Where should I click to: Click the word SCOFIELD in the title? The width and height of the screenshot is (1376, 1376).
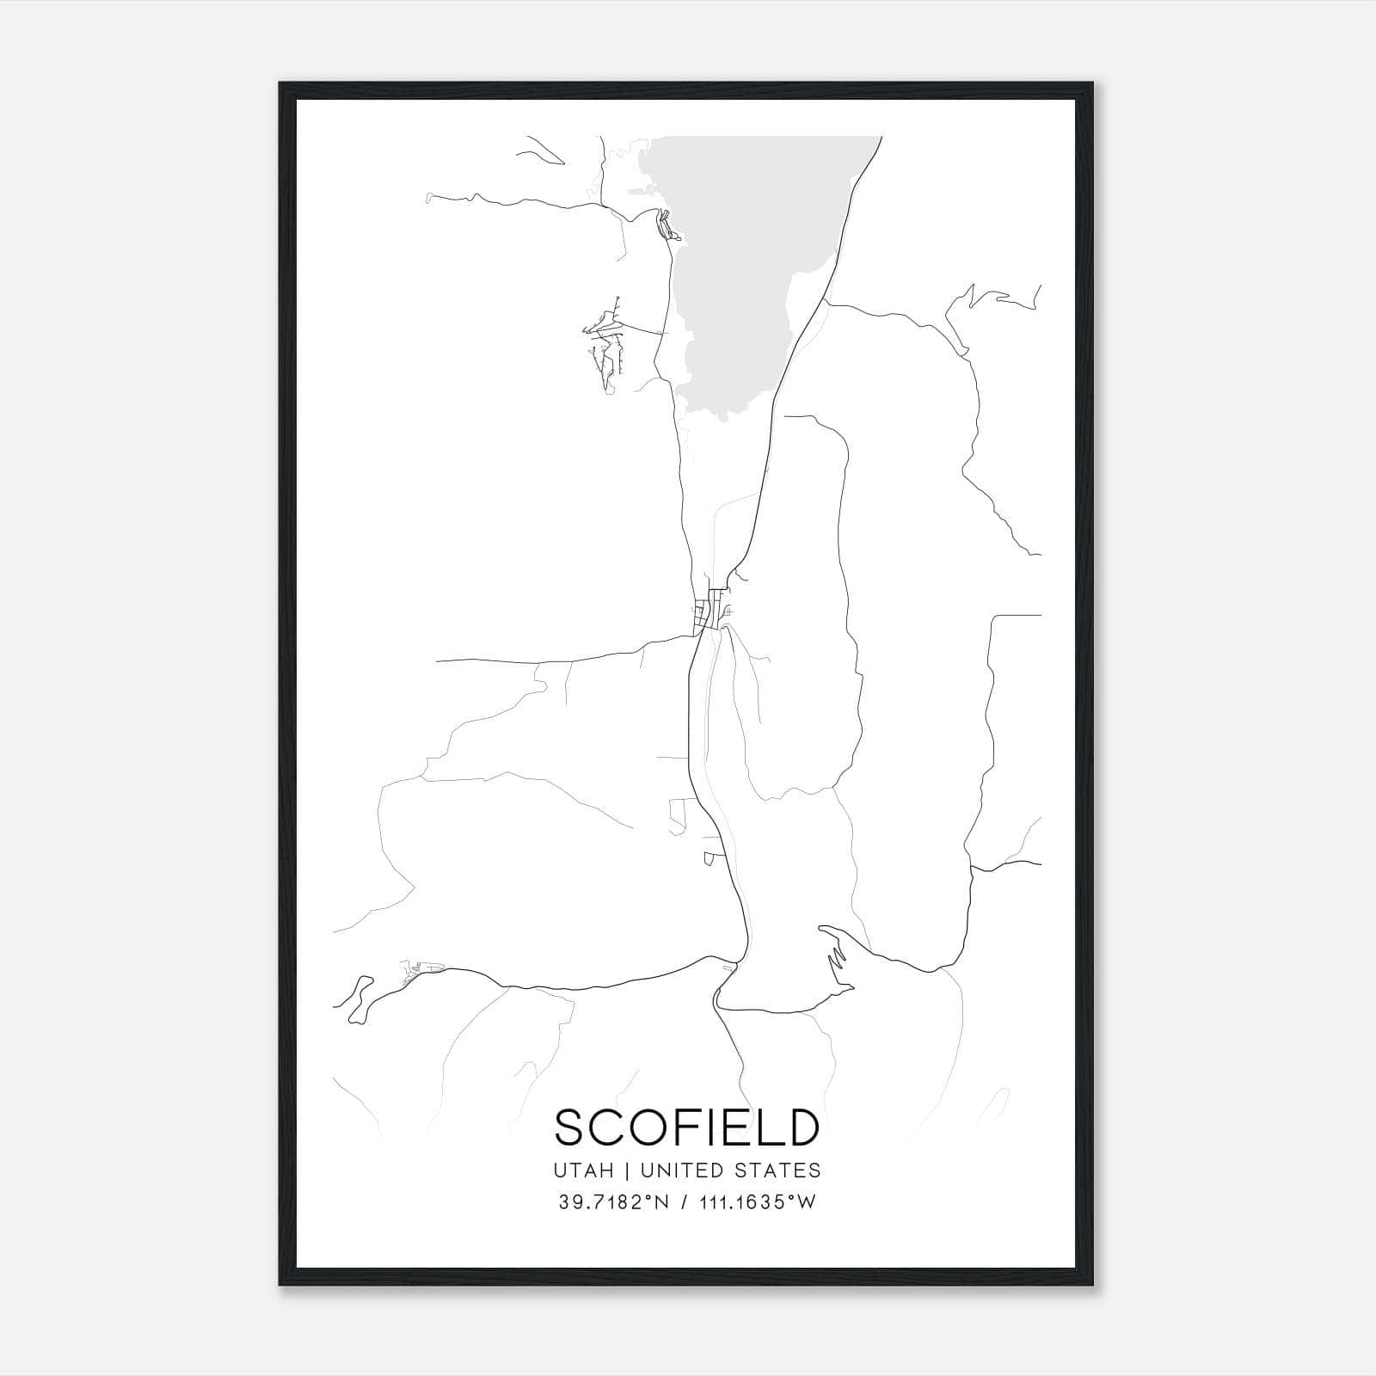[x=686, y=1127]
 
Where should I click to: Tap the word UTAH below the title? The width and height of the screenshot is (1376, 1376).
[x=585, y=1170]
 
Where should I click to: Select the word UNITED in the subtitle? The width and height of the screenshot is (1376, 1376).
[x=680, y=1170]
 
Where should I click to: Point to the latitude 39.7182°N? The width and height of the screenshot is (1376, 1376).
[x=613, y=1203]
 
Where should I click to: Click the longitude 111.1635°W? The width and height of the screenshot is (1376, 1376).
[x=756, y=1203]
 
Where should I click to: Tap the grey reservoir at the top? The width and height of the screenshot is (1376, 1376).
[x=748, y=258]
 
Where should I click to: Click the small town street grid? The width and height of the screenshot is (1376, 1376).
[x=709, y=612]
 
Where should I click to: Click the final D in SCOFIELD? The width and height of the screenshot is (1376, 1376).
[x=801, y=1127]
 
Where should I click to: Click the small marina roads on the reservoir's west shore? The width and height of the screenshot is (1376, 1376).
[x=667, y=229]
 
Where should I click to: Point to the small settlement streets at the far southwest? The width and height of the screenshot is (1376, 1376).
[x=417, y=973]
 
